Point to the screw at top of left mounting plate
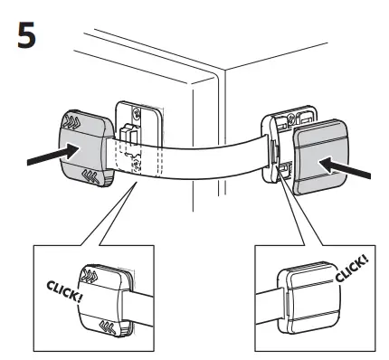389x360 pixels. [136, 114]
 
